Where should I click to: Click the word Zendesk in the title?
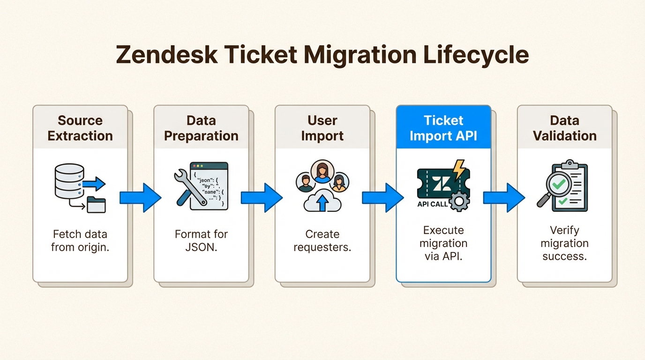pyautogui.click(x=167, y=55)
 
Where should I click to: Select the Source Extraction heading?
pyautogui.click(x=80, y=128)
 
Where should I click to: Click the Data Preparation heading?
pyautogui.click(x=201, y=128)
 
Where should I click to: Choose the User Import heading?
pyautogui.click(x=322, y=128)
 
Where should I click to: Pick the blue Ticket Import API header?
pyautogui.click(x=443, y=128)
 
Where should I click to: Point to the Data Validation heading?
pyautogui.click(x=564, y=128)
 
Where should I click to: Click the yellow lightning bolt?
pyautogui.click(x=459, y=170)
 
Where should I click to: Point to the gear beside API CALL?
pyautogui.click(x=458, y=202)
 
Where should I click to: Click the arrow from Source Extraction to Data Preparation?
pyautogui.click(x=140, y=197)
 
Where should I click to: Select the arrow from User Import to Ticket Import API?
pyautogui.click(x=382, y=197)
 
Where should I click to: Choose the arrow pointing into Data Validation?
pyautogui.click(x=503, y=197)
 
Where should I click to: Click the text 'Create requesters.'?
pyautogui.click(x=322, y=240)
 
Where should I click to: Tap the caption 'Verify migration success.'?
pyautogui.click(x=564, y=243)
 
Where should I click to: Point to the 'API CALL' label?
pyautogui.click(x=432, y=204)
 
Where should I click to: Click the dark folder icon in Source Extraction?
pyautogui.click(x=96, y=205)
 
